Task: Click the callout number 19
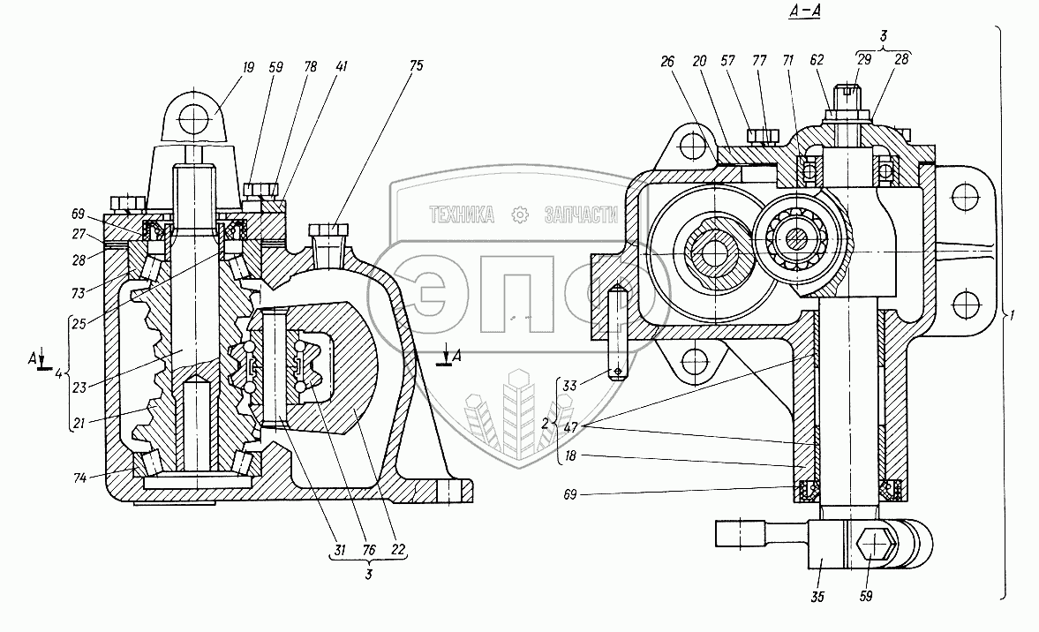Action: (x=248, y=67)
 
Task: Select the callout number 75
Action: (x=416, y=65)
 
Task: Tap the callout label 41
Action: (x=342, y=66)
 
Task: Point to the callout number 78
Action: (x=310, y=66)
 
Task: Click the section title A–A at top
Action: (x=804, y=11)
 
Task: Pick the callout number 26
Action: (x=667, y=62)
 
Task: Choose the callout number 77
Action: (x=759, y=61)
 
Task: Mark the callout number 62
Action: (x=817, y=60)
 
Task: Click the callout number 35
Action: (x=817, y=597)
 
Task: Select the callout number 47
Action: (x=570, y=428)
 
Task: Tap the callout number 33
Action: (x=569, y=385)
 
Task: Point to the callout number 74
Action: (x=80, y=478)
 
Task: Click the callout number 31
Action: (x=340, y=550)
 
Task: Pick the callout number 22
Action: (x=398, y=550)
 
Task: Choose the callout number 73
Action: (x=79, y=293)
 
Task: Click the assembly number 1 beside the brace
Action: (x=1012, y=316)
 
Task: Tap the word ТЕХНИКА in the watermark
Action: (x=462, y=214)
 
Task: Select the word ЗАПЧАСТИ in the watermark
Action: (x=581, y=214)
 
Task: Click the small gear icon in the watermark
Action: (x=520, y=214)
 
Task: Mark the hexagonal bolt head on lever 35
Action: (x=877, y=545)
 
